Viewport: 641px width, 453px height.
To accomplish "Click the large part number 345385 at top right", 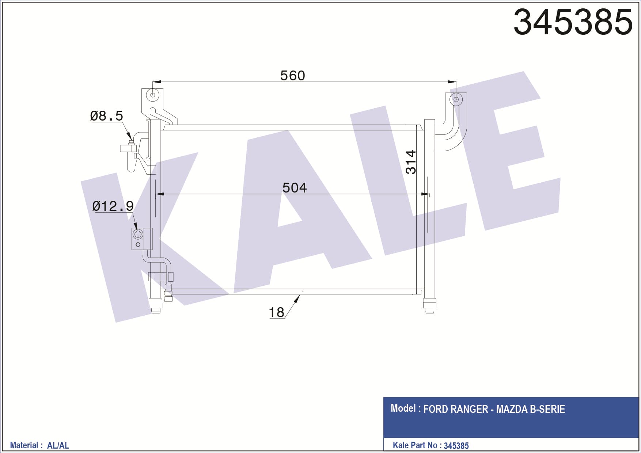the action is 573,22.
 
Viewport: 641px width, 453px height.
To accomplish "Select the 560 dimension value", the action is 292,76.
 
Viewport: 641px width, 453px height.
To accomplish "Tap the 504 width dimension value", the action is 295,188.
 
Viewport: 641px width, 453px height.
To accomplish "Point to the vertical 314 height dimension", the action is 411,162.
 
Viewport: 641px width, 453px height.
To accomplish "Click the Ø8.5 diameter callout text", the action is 106,116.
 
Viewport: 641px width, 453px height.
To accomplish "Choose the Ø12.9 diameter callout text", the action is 113,206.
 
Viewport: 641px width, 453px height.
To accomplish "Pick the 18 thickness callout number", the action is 276,313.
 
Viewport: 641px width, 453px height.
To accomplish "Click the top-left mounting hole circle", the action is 153,95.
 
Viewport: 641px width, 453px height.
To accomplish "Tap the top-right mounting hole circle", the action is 456,99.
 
